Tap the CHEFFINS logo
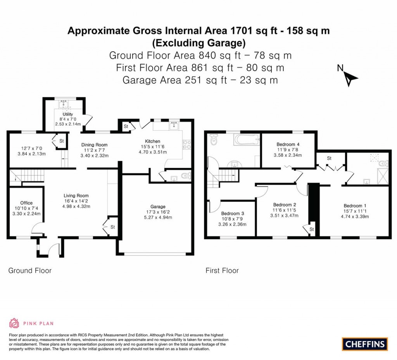(x=365, y=344)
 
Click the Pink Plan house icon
(x=14, y=323)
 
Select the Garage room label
(x=158, y=207)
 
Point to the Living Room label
(x=76, y=196)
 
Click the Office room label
(x=26, y=203)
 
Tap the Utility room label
(x=68, y=114)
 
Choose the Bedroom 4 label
(x=288, y=144)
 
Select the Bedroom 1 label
(x=354, y=206)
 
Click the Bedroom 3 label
(x=233, y=213)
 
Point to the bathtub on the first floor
(x=246, y=139)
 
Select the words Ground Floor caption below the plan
(x=30, y=270)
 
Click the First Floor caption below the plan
(x=222, y=270)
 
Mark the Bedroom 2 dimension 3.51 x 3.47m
(x=285, y=216)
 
